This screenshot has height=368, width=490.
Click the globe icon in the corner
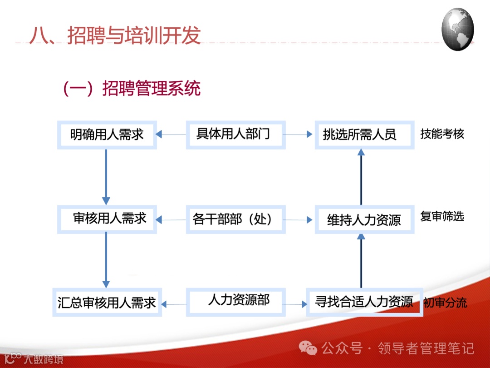pyautogui.click(x=457, y=29)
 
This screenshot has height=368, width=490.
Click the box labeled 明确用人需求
pyautogui.click(x=107, y=134)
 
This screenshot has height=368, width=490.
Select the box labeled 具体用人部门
pyautogui.click(x=235, y=134)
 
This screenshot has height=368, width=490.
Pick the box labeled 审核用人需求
pyautogui.click(x=107, y=219)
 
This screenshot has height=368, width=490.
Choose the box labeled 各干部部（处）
pyautogui.click(x=235, y=219)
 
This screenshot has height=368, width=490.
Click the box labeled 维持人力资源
pyautogui.click(x=364, y=220)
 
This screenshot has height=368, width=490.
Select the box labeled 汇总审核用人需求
pyautogui.click(x=107, y=303)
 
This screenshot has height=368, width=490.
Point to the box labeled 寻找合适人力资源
pyautogui.click(x=364, y=302)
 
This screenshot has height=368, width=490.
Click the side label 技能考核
pyautogui.click(x=442, y=134)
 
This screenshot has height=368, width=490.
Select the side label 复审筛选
pyautogui.click(x=442, y=216)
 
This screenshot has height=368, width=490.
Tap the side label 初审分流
pyautogui.click(x=445, y=303)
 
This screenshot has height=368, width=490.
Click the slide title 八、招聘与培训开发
pyautogui.click(x=115, y=35)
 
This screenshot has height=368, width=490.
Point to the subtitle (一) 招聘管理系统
pyautogui.click(x=132, y=89)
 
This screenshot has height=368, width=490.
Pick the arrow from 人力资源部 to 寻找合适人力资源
pyautogui.click(x=296, y=303)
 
